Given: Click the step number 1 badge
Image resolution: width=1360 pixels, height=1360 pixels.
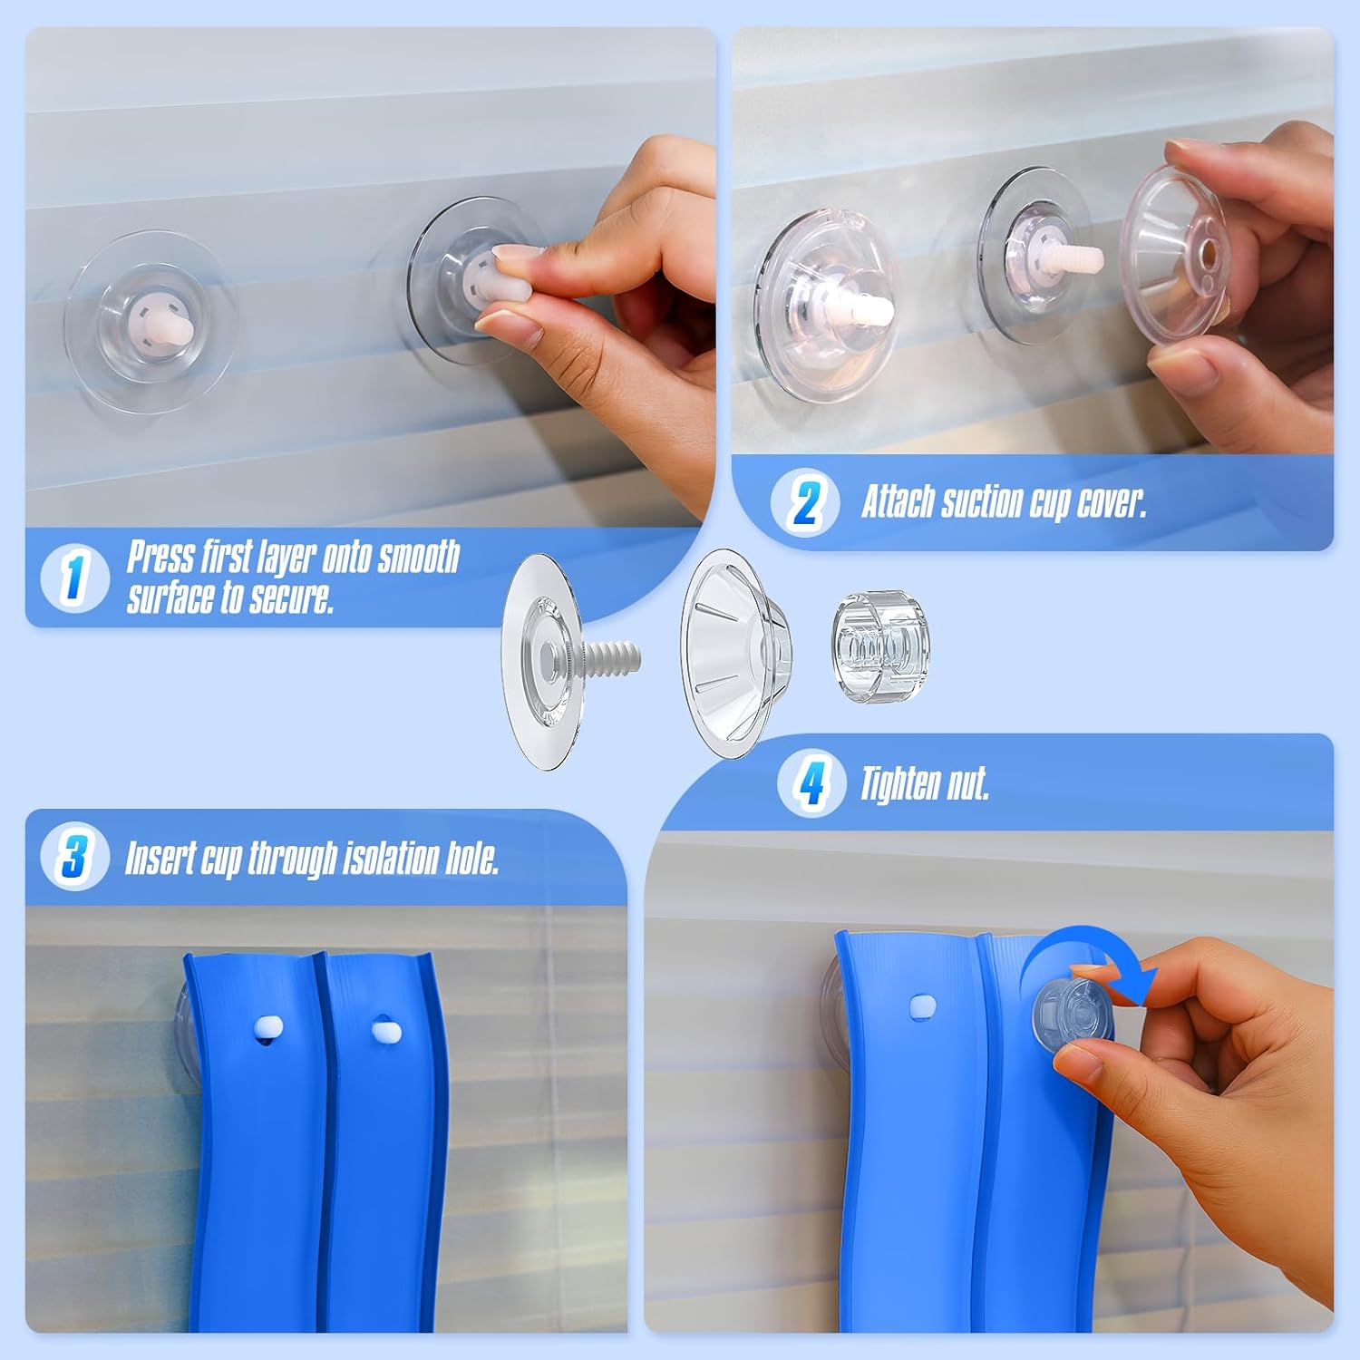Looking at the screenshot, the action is coord(74,577).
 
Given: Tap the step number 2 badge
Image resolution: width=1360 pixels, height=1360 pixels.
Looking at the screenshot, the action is coord(804,501).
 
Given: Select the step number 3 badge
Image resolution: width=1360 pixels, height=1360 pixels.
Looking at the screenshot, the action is coord(74,856).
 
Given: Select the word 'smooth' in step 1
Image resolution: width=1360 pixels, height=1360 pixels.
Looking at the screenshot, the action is coord(419,557).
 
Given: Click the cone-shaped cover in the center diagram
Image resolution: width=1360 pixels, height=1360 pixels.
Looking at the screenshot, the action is coord(735,653).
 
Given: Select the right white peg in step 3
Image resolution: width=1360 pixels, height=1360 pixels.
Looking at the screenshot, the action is coord(385,1030).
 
